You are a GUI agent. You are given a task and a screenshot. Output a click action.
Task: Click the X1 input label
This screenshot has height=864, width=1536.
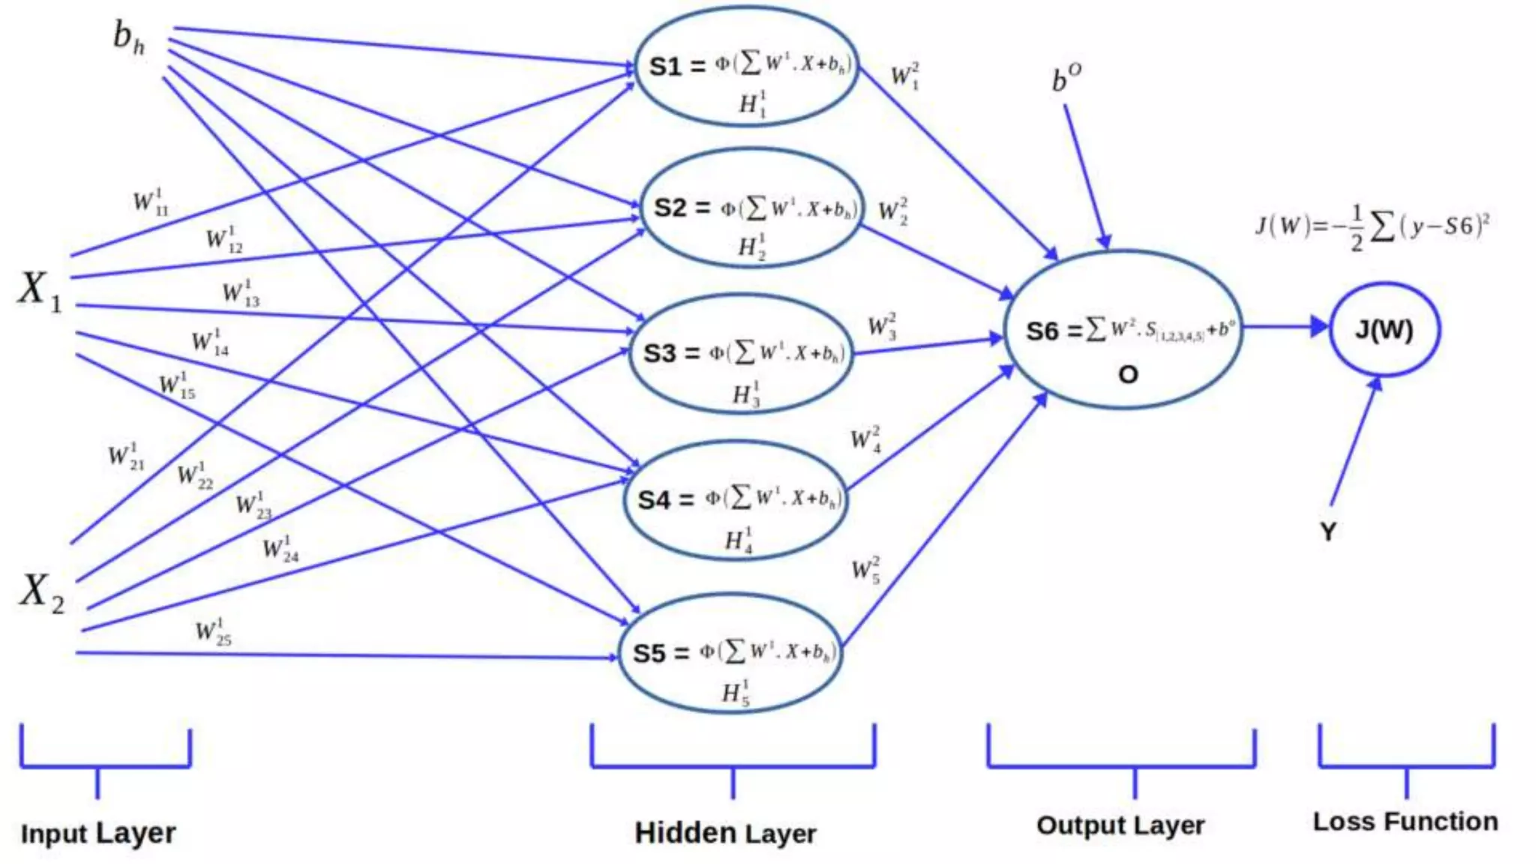point(39,290)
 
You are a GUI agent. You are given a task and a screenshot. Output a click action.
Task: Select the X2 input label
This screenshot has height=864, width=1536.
point(42,592)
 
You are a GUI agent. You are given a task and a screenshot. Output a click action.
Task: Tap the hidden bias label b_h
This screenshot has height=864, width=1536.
point(128,37)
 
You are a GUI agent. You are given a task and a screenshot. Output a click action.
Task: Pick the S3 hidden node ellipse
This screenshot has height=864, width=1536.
point(742,354)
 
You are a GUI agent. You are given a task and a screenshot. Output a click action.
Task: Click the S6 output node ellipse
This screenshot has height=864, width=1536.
point(1123,331)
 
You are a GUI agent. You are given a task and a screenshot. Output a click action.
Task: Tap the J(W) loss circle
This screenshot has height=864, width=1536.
point(1384,330)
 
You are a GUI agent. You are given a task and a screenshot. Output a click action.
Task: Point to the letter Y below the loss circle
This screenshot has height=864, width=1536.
point(1328,532)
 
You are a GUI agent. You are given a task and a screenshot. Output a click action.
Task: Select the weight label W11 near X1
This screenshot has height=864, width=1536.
point(151,202)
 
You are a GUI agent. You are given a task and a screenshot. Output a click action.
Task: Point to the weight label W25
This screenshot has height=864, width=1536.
point(213,632)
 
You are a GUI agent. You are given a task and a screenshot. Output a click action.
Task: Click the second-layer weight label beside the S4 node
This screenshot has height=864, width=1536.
point(865,439)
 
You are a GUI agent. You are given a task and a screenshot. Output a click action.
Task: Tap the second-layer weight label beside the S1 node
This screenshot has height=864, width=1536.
point(905,76)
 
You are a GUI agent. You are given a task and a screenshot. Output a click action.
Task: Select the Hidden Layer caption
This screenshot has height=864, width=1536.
point(725,833)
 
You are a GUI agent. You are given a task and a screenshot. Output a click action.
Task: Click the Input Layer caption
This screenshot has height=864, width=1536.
point(98,833)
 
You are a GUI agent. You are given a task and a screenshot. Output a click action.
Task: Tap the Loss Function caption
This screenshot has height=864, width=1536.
point(1405,822)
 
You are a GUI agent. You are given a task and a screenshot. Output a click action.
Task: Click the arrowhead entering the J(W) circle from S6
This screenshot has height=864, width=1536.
point(1319,327)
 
